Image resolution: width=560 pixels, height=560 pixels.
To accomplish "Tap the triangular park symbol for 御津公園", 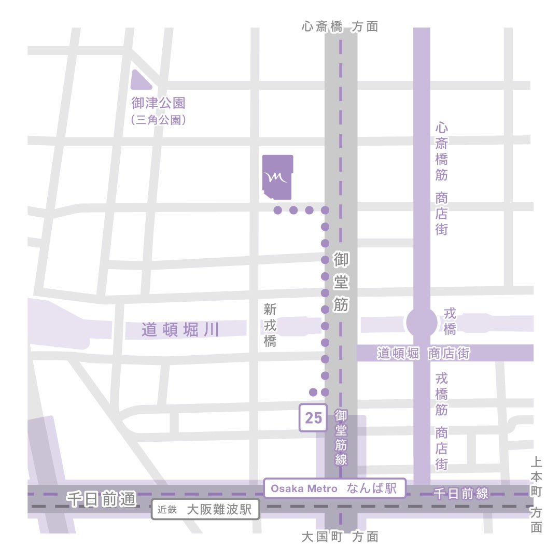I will click(138, 82).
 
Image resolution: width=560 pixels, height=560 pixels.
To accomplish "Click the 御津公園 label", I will click(158, 104).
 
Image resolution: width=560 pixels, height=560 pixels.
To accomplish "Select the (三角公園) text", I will click(158, 120).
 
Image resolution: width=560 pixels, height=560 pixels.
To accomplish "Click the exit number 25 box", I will click(313, 418).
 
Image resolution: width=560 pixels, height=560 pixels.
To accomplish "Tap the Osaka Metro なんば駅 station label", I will click(334, 488).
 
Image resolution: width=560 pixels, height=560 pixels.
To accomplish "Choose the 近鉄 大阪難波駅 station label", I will click(205, 510).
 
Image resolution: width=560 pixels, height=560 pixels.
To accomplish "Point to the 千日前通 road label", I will click(101, 499).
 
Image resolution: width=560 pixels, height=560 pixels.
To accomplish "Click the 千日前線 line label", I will click(461, 494).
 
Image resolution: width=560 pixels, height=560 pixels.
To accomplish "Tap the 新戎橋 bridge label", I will click(270, 326).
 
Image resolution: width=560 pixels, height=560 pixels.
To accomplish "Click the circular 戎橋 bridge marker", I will click(422, 323).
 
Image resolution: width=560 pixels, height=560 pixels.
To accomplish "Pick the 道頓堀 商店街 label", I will click(423, 354).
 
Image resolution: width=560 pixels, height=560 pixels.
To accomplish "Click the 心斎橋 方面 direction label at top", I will click(340, 27).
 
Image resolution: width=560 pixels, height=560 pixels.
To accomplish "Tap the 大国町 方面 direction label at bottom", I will click(340, 537).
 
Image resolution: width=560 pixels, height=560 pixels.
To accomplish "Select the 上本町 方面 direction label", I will click(537, 495).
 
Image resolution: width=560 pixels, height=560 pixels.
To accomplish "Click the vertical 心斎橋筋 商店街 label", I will click(441, 179).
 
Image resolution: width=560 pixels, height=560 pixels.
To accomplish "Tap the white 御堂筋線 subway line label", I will click(341, 437).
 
